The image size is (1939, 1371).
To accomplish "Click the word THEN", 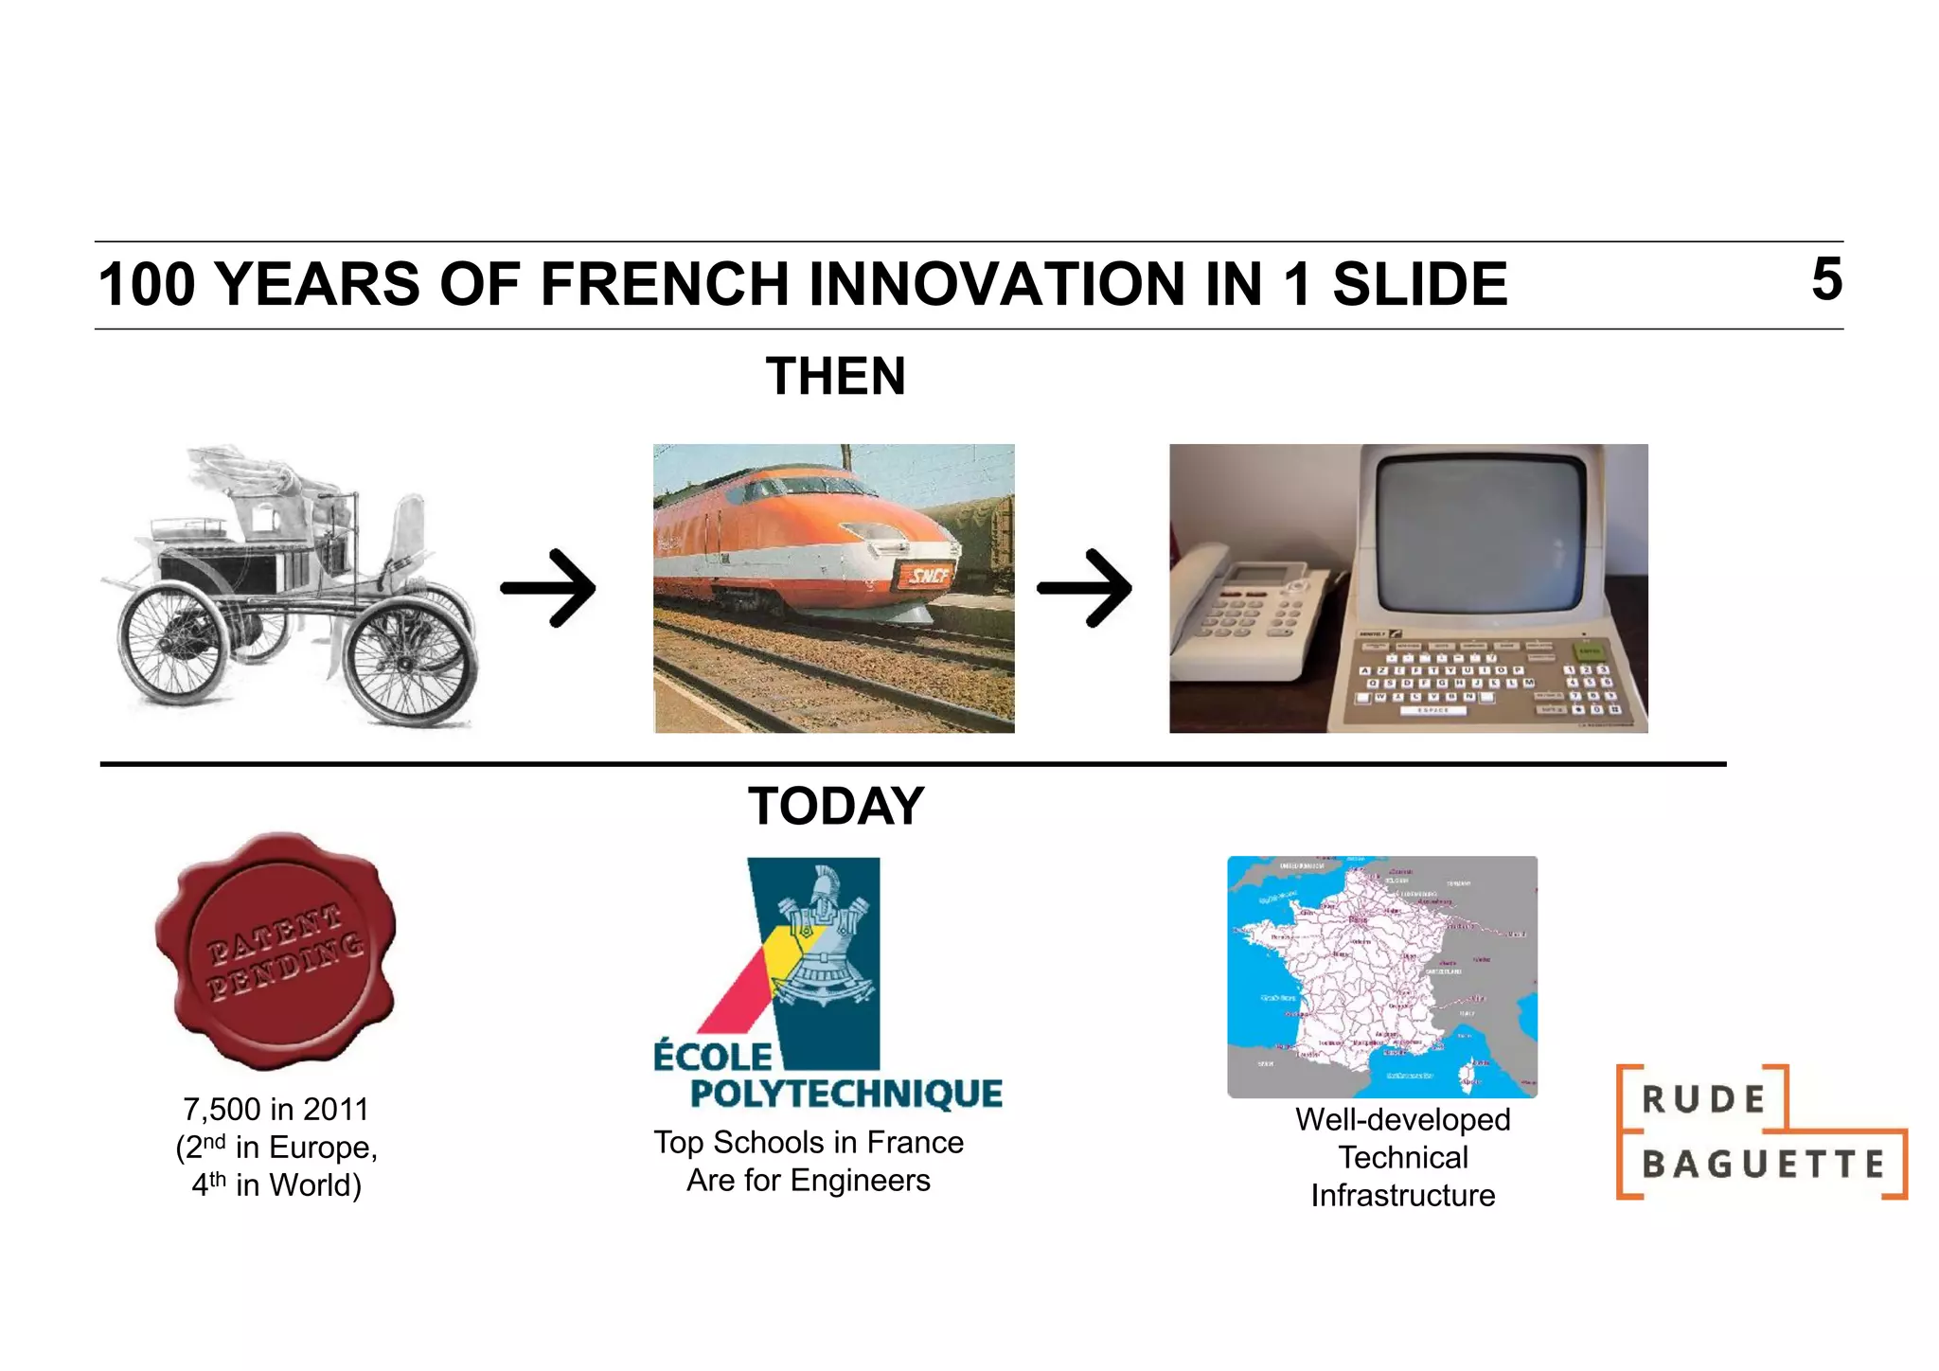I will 835,376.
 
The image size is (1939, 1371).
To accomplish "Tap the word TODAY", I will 835,806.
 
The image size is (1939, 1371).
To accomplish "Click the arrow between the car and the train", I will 549,588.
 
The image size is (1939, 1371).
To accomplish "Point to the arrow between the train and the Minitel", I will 1085,588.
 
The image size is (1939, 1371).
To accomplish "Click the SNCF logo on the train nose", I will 928,574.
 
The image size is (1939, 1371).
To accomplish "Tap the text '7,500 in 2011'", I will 276,1109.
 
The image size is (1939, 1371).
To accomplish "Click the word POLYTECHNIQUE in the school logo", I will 845,1094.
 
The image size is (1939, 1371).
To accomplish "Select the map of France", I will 1381,976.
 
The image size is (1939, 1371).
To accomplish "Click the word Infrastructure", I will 1402,1195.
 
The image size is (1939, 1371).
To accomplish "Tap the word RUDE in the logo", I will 1703,1099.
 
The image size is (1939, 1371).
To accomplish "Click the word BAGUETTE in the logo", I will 1763,1164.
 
